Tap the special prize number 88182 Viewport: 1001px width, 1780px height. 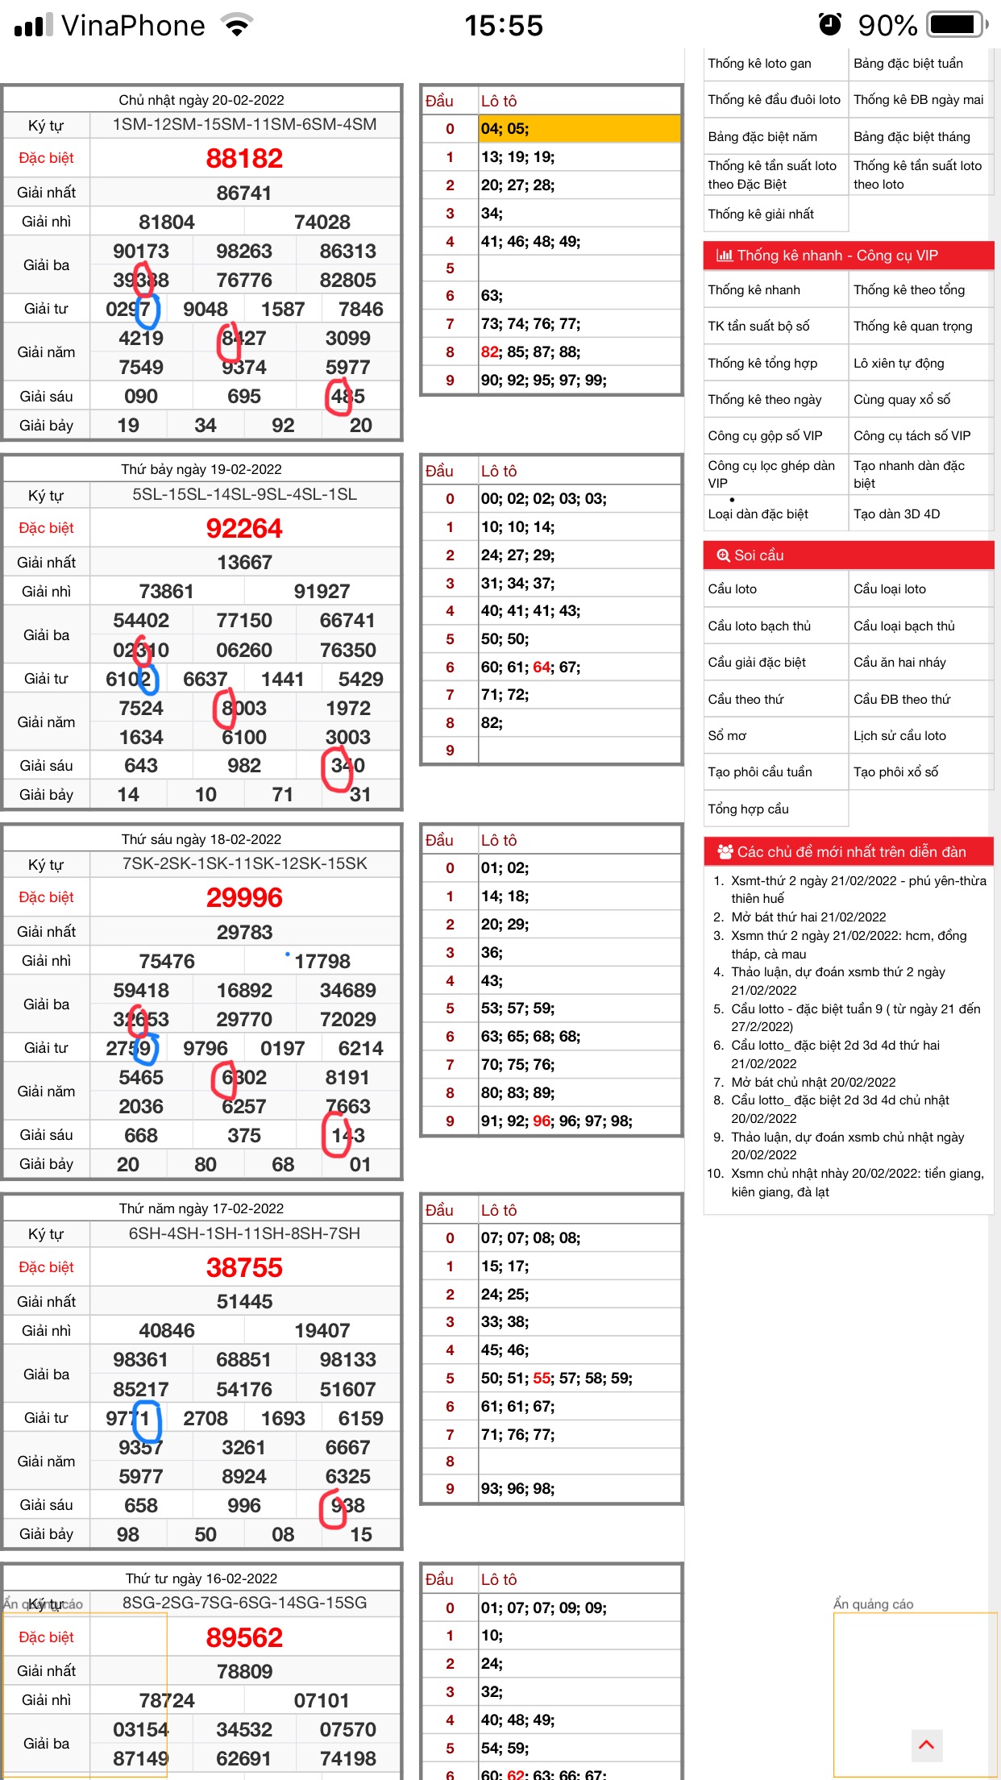[244, 158]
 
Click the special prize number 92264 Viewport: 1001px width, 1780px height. [244, 528]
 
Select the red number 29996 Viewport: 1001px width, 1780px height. [244, 897]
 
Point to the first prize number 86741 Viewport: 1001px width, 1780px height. [244, 193]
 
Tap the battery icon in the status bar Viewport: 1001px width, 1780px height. [956, 25]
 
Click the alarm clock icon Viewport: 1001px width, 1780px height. [829, 25]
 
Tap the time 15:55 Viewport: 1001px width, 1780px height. [504, 26]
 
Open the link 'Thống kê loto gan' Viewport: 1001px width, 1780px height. [759, 64]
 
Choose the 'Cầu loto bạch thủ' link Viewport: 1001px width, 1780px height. [759, 626]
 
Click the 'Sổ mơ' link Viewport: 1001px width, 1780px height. [727, 735]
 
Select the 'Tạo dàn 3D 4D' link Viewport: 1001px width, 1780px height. [896, 514]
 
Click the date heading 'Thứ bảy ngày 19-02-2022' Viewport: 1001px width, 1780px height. [201, 469]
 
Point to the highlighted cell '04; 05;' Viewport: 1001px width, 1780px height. [579, 128]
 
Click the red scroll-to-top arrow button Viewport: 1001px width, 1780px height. [926, 1745]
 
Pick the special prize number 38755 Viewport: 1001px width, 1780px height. [244, 1267]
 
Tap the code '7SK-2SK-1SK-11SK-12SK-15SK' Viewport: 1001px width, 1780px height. [244, 863]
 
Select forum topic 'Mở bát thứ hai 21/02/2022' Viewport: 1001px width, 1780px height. [808, 917]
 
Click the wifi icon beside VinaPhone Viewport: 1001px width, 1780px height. [237, 26]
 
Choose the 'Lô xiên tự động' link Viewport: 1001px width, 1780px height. [899, 363]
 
